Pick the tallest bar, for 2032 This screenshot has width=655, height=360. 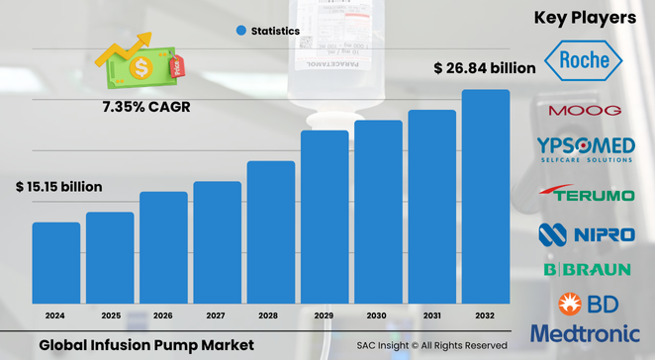486,197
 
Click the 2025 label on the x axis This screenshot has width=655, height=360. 110,315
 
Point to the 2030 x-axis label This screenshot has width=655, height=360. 378,315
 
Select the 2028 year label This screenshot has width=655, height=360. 271,315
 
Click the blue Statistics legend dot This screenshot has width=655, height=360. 240,32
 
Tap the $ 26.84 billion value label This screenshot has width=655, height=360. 485,68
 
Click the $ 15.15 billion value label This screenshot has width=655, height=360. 58,186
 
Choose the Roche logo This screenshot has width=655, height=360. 584,62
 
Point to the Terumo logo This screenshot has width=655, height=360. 587,194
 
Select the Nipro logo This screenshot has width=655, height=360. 585,234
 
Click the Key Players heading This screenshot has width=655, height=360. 585,17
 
